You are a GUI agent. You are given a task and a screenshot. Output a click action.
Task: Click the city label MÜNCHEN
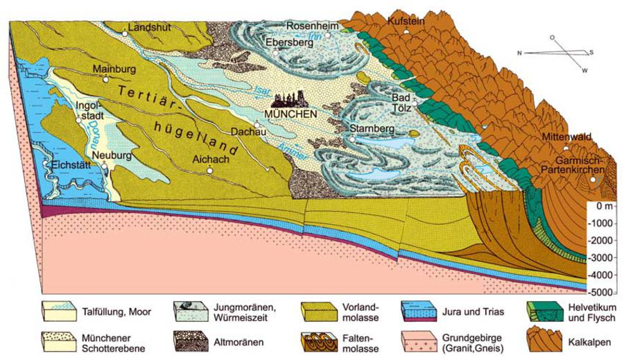[291, 113]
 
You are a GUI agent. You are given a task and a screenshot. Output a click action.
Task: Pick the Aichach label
[209, 159]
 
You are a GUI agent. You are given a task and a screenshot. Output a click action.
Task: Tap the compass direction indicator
[555, 54]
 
